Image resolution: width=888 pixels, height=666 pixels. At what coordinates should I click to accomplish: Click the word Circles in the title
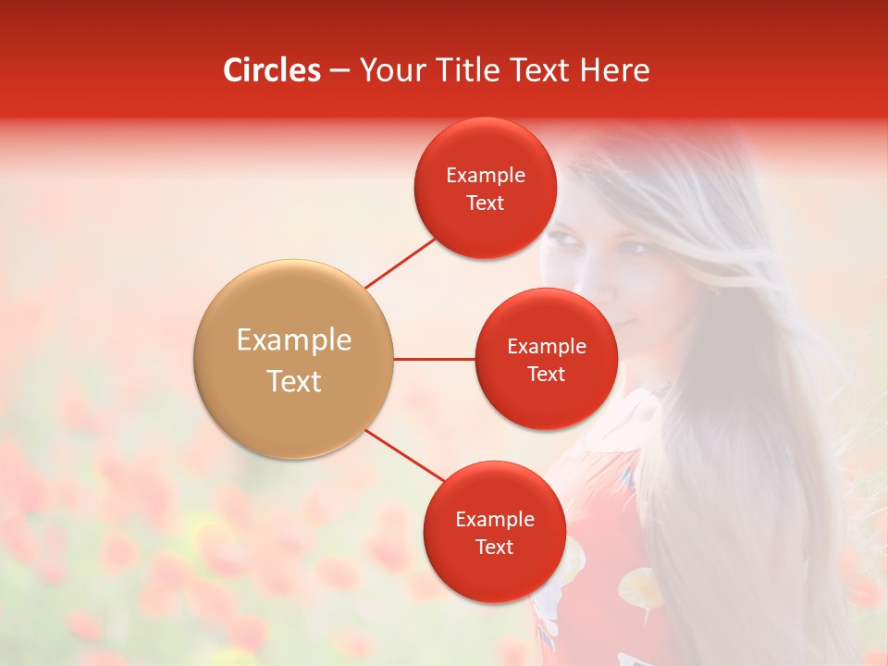pos(272,70)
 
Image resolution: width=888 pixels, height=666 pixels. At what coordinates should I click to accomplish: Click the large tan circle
pos(294,359)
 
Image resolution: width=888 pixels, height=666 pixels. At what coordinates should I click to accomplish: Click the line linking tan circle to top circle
pos(400,263)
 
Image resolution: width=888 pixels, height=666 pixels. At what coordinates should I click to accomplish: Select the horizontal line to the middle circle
pos(435,359)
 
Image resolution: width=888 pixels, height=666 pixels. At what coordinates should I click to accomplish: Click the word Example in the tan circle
pos(294,340)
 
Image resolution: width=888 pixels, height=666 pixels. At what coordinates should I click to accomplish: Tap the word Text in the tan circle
pos(294,381)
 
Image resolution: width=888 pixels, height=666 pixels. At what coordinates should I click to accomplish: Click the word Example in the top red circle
pos(486,176)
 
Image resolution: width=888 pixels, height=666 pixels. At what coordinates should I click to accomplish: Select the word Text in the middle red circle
pos(547,375)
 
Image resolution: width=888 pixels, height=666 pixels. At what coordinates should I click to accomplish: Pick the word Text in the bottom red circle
pos(494,548)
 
